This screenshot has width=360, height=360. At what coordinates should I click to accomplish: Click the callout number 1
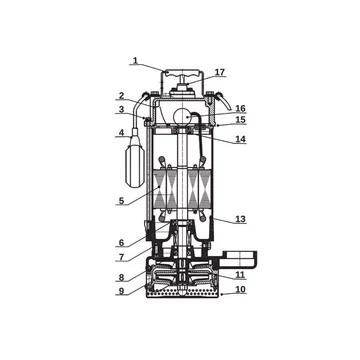[135, 60]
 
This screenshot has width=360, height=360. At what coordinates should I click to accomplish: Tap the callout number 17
[220, 72]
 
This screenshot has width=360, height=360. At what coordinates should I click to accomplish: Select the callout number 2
[121, 96]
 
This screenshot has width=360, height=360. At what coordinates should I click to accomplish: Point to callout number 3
[121, 109]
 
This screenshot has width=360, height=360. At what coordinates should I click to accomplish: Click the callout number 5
[121, 201]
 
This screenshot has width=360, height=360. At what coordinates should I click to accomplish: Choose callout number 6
[121, 243]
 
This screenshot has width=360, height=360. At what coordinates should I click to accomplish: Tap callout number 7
[121, 257]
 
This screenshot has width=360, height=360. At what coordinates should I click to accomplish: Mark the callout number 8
[121, 277]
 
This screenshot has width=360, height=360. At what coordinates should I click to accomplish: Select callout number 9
[121, 291]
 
